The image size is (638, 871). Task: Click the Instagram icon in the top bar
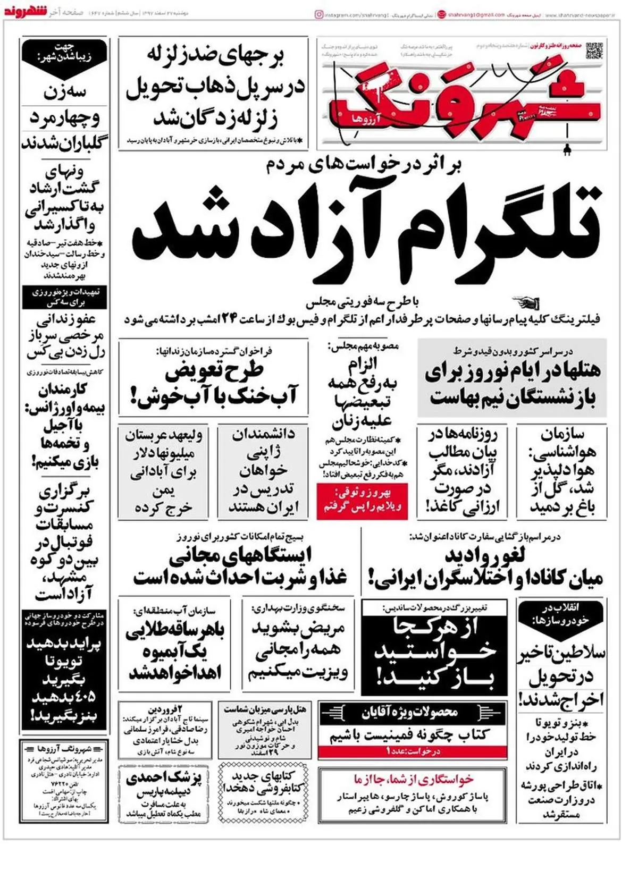click(319, 15)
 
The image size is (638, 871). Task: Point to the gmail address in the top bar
click(476, 15)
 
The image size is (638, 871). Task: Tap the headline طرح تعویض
click(214, 370)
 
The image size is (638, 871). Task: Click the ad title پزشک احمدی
click(164, 779)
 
